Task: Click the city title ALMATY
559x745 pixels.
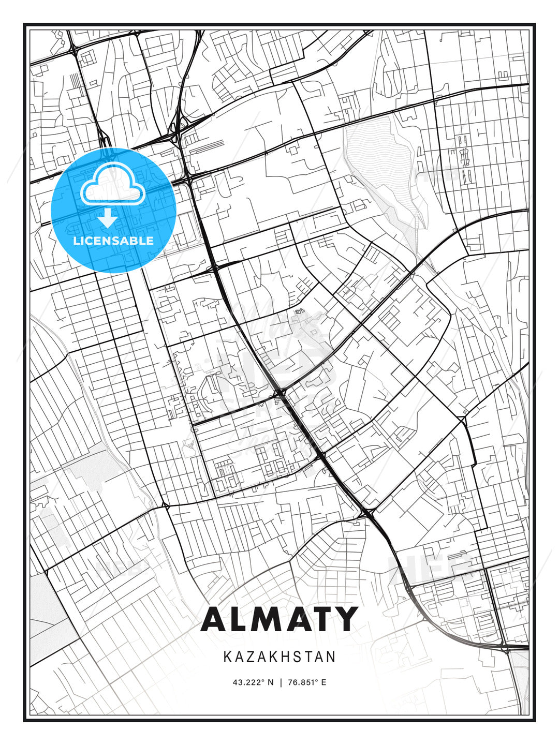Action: (x=279, y=619)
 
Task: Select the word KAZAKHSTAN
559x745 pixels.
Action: (x=279, y=657)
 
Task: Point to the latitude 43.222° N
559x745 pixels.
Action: (x=253, y=682)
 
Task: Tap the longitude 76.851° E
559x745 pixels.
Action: (x=306, y=682)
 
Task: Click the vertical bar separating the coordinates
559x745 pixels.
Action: (x=280, y=682)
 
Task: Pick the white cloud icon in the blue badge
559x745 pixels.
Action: (x=112, y=184)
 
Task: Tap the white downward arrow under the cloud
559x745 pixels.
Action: (x=108, y=218)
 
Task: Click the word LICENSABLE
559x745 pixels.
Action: (x=113, y=241)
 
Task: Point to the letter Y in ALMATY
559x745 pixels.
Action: (x=344, y=619)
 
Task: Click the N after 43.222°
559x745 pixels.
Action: (x=270, y=682)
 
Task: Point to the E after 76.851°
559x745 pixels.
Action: (x=323, y=682)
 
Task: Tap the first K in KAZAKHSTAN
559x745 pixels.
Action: (x=227, y=657)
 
